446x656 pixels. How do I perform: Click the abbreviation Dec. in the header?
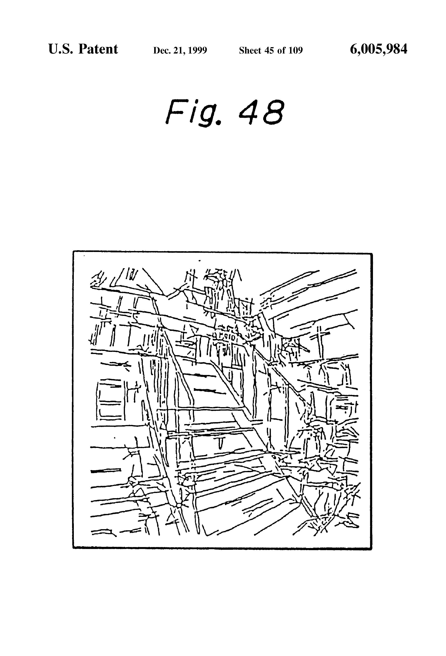click(160, 50)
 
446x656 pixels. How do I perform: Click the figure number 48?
click(261, 112)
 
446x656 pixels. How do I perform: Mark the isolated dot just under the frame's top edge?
click(200, 261)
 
